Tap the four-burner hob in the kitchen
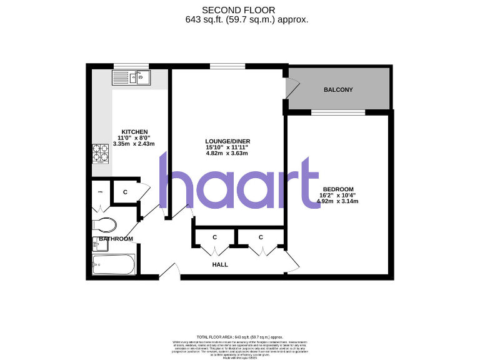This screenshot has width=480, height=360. (101, 154)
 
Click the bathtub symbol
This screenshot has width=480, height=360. (114, 265)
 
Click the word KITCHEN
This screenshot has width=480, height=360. (134, 131)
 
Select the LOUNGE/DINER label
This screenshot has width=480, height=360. (227, 141)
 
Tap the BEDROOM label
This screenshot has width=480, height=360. (338, 189)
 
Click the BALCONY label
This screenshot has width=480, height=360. (338, 90)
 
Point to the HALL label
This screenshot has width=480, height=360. (219, 264)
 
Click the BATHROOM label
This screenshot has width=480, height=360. (116, 239)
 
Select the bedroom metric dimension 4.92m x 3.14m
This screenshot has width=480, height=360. (338, 201)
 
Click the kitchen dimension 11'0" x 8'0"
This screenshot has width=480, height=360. (134, 137)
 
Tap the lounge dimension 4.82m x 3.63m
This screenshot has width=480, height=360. (227, 153)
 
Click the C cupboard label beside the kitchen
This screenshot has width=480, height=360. (125, 192)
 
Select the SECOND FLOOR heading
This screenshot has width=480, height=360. (246, 10)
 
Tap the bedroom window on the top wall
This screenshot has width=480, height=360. (338, 112)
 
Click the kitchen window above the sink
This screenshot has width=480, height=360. (131, 66)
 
